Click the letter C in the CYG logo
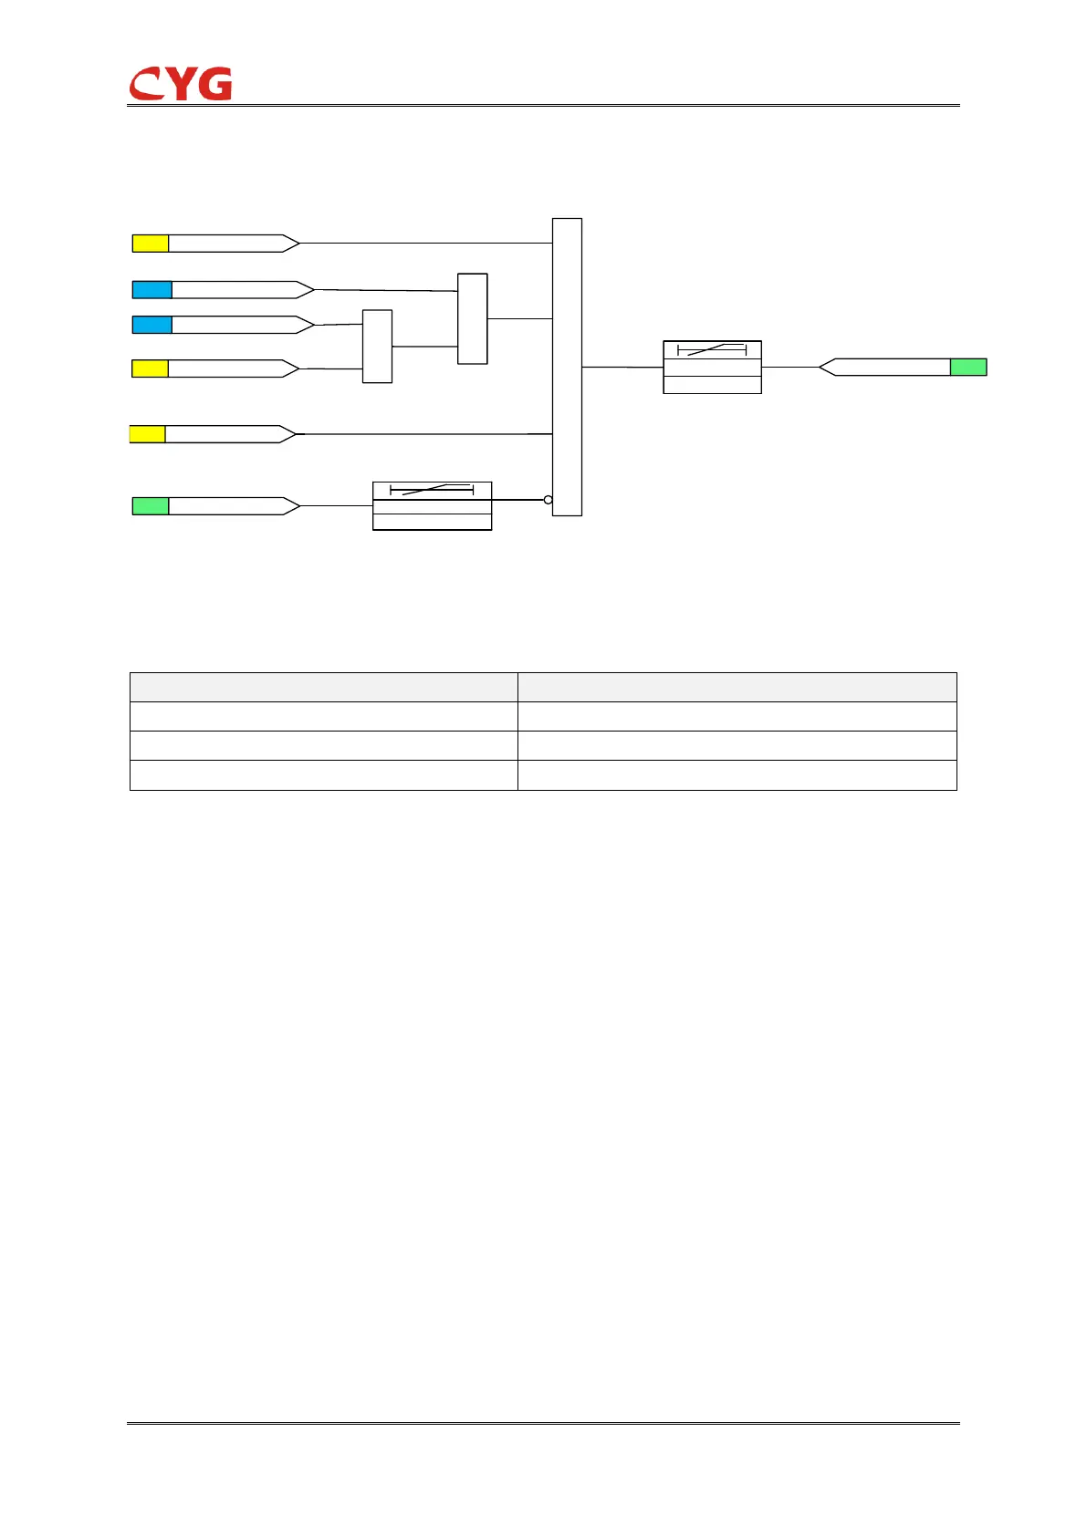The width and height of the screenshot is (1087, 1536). [x=146, y=85]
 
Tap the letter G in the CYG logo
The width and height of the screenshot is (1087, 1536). [x=215, y=84]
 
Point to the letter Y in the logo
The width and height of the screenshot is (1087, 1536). [x=181, y=84]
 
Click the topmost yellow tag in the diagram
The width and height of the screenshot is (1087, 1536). [x=151, y=244]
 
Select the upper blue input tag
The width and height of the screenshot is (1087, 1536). [x=152, y=290]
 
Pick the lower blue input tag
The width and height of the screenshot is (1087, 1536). [x=152, y=325]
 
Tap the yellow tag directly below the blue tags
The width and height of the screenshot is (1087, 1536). [x=151, y=368]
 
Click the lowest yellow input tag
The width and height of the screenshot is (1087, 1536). [x=148, y=434]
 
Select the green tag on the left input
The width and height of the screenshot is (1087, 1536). [x=151, y=506]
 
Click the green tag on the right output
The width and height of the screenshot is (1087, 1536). [x=968, y=367]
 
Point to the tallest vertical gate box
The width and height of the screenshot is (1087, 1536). [x=567, y=367]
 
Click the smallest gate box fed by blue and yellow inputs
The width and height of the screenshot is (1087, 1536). [x=377, y=347]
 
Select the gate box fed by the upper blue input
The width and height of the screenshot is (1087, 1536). [x=472, y=318]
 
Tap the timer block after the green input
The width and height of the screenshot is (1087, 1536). [x=432, y=505]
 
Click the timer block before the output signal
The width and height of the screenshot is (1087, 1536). [x=712, y=367]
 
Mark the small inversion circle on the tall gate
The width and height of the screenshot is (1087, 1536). [x=548, y=500]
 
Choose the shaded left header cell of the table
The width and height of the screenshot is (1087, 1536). [x=323, y=687]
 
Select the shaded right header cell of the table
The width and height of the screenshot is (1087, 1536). [x=737, y=687]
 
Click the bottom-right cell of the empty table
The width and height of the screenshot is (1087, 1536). [x=737, y=774]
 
